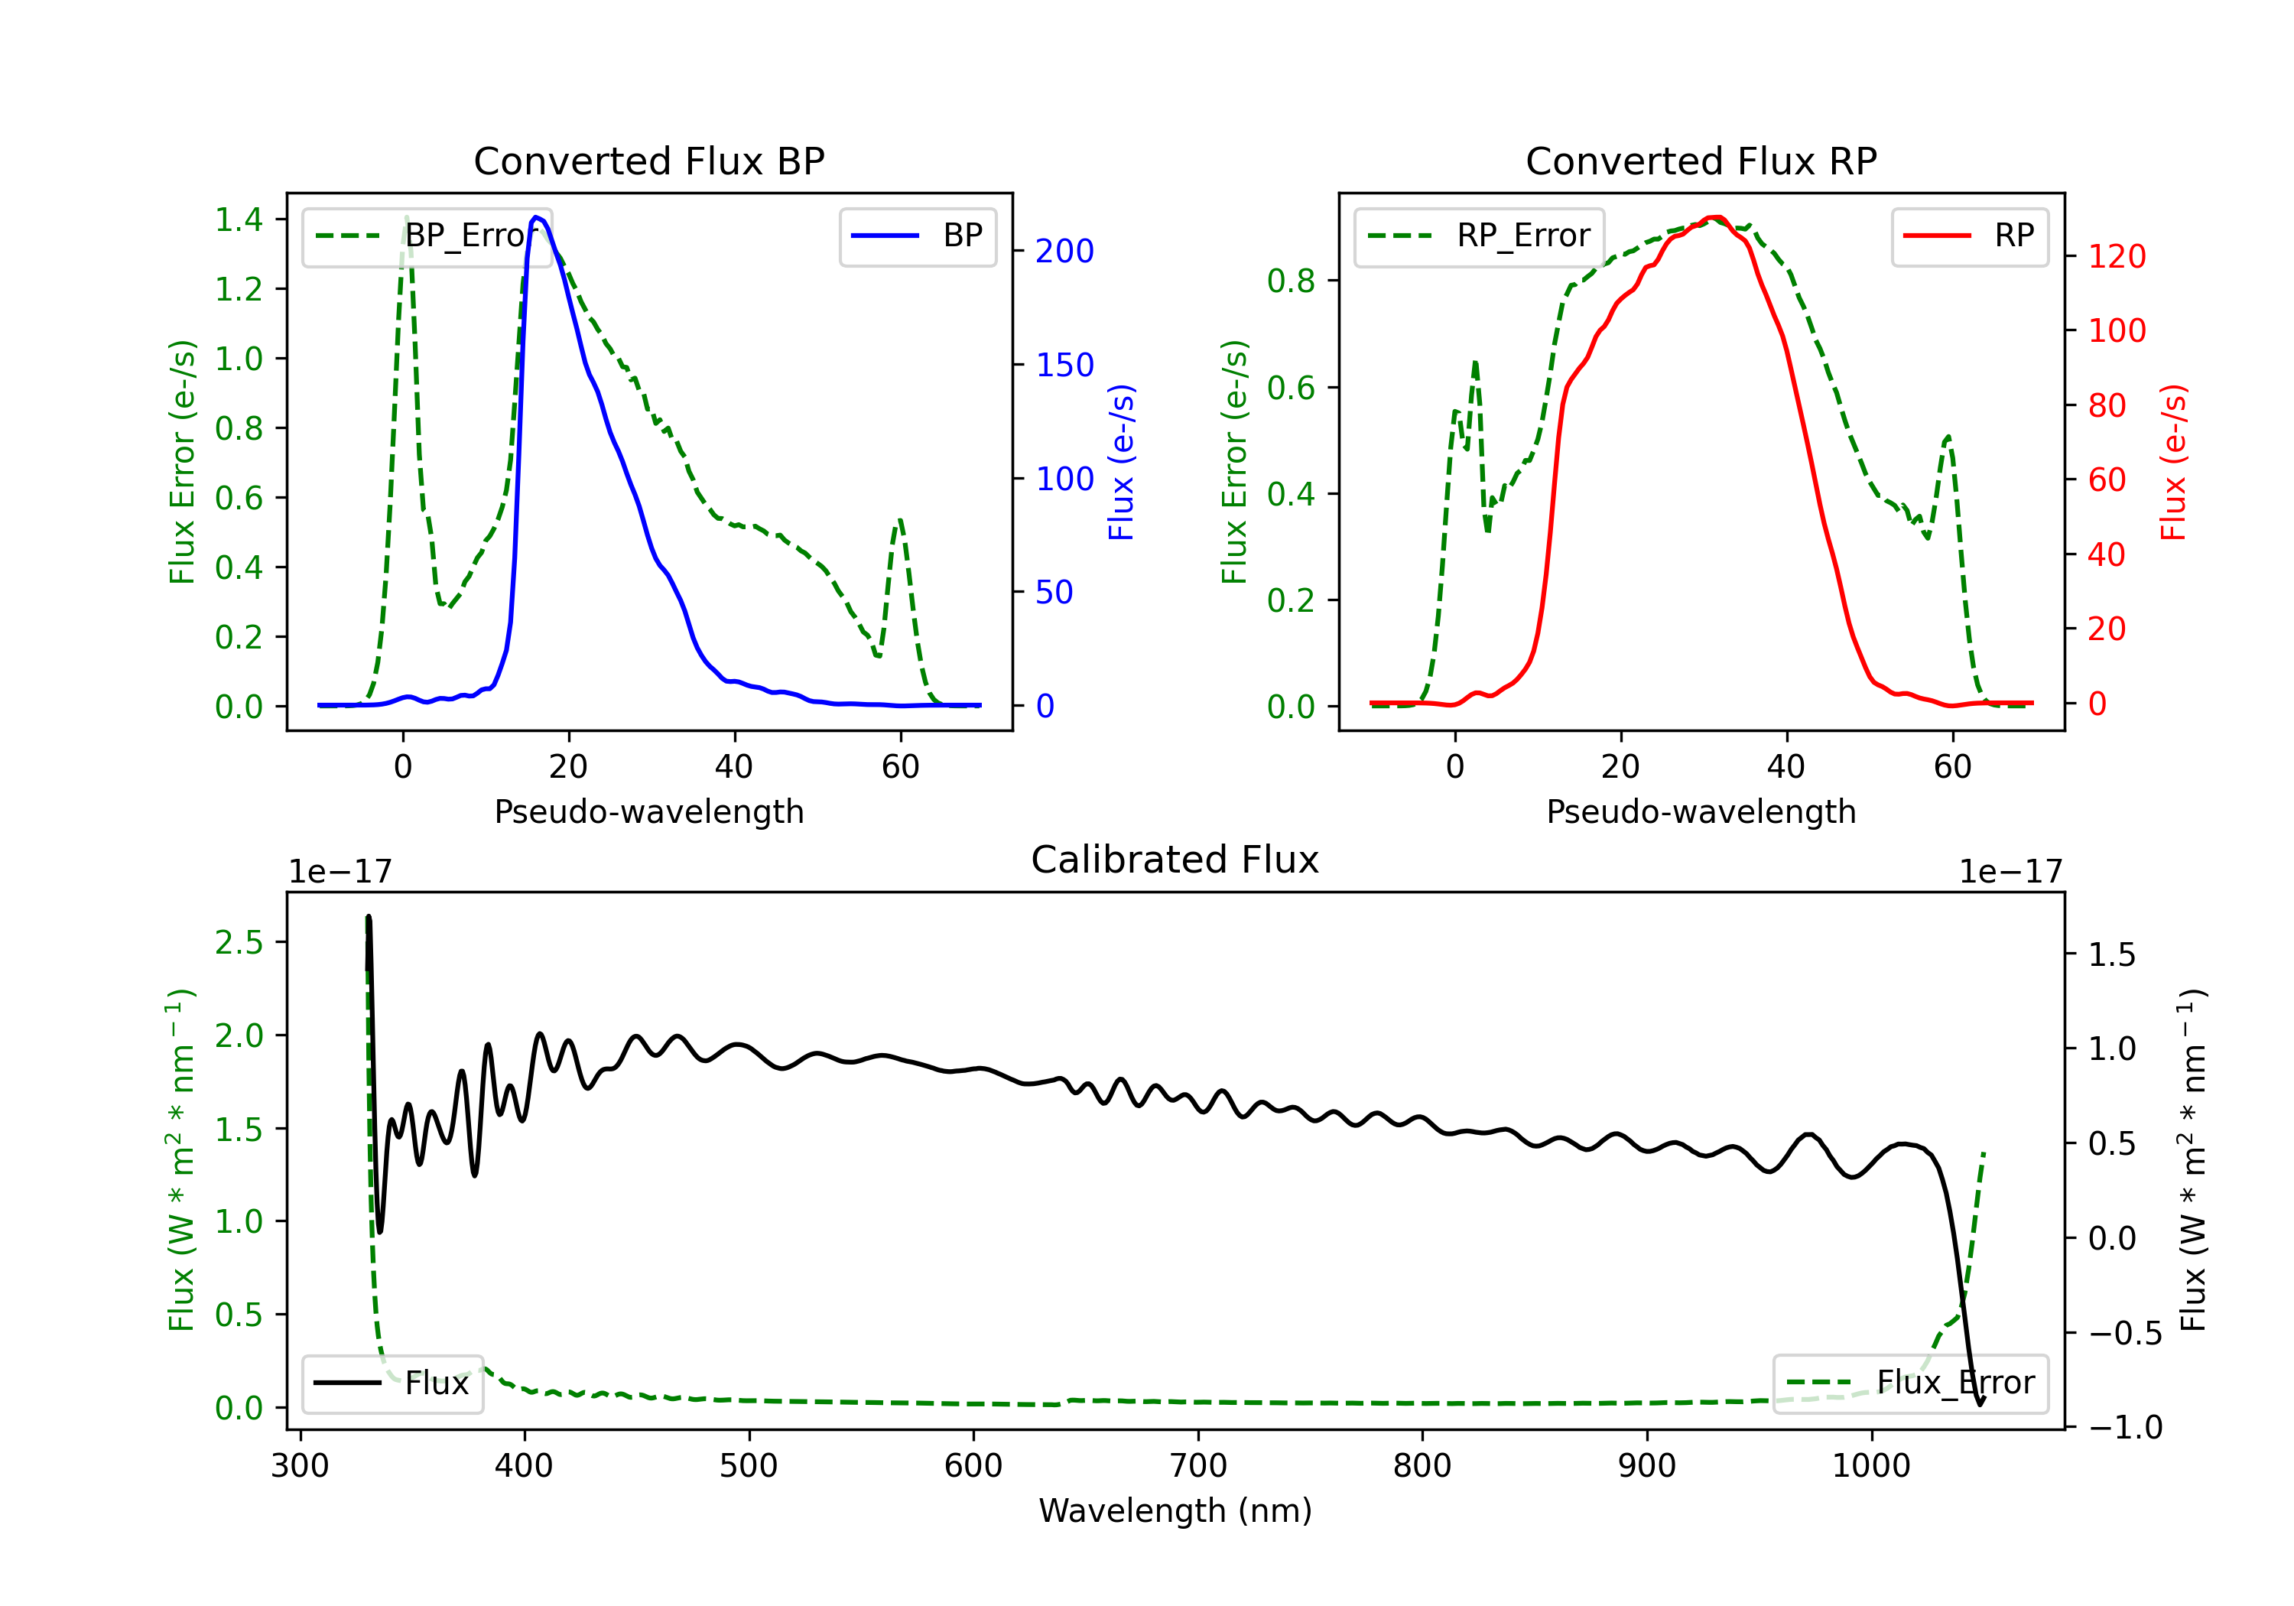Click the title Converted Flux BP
coord(648,161)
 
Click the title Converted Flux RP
coord(1701,161)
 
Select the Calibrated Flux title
coord(1175,860)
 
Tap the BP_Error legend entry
coord(427,236)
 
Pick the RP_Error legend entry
coord(1479,236)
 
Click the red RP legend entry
coord(1969,236)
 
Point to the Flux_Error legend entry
coord(1910,1383)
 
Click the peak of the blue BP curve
coord(537,217)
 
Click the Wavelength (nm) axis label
coord(1175,1510)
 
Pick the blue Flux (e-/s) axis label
coord(1121,462)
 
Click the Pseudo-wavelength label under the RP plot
coord(1701,811)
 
